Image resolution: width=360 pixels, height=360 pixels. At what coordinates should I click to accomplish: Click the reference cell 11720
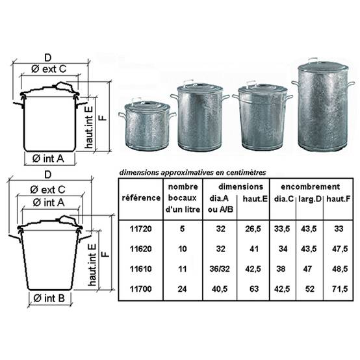[140, 229]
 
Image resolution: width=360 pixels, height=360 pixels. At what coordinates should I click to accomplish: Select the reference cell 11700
[140, 289]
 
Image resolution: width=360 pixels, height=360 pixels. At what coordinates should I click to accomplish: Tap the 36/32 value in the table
[220, 269]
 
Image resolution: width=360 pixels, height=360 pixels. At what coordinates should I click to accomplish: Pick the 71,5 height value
[340, 289]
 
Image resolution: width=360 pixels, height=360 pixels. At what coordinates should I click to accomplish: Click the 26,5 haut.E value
[253, 229]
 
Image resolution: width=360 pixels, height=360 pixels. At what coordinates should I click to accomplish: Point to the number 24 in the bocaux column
[182, 289]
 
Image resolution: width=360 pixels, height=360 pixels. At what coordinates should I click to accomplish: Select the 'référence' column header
[141, 198]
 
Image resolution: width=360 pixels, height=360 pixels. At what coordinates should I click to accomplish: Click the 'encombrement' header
[310, 186]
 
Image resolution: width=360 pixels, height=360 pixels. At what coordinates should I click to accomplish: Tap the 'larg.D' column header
[310, 199]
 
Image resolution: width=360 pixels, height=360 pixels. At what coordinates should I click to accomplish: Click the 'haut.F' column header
[338, 199]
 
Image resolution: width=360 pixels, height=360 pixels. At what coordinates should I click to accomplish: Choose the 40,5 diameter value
[220, 289]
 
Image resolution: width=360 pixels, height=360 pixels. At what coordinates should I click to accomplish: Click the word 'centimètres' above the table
[246, 172]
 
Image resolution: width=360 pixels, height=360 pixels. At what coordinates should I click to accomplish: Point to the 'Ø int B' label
[49, 298]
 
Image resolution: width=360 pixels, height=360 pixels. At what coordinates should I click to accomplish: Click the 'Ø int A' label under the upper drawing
[48, 159]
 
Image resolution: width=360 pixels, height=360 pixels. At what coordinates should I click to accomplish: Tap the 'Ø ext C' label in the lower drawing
[47, 190]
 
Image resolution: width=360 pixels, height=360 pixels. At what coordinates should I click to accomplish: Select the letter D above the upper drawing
[47, 58]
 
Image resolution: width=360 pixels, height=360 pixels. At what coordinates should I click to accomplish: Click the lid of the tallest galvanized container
[323, 66]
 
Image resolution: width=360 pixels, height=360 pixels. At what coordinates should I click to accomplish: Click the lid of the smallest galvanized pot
[147, 106]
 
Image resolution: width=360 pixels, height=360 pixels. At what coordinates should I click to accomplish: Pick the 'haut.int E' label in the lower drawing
[92, 264]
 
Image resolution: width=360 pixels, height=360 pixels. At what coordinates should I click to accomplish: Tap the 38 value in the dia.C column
[281, 269]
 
